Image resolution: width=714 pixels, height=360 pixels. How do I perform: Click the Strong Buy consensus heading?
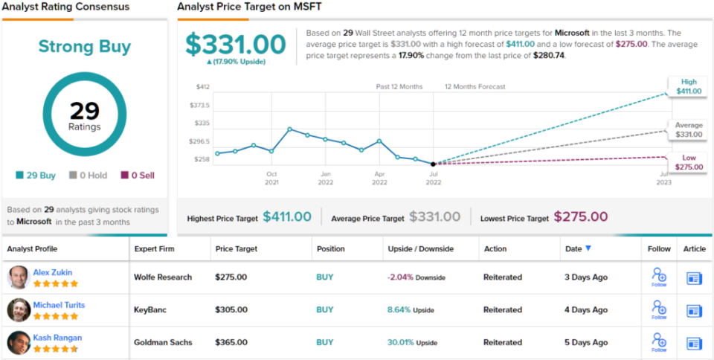click(x=85, y=47)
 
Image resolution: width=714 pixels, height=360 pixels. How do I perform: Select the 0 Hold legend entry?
click(x=88, y=176)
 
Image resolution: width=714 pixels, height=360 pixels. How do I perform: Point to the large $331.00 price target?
click(x=236, y=44)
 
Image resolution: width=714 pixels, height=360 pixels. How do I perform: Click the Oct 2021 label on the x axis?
click(x=271, y=178)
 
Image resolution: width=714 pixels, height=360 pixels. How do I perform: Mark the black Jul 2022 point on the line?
click(x=433, y=164)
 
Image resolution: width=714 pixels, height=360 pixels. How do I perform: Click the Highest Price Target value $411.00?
click(x=287, y=217)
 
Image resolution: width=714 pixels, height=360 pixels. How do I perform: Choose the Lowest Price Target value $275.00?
click(x=580, y=217)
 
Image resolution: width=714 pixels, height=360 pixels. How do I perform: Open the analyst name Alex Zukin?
click(x=53, y=272)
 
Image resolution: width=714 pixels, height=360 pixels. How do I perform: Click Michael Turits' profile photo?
click(x=19, y=309)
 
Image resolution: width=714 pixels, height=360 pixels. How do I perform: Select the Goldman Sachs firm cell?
click(x=163, y=342)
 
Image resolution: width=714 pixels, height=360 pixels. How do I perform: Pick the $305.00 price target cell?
click(x=231, y=309)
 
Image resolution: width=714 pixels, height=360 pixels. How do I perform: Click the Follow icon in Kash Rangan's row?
click(x=658, y=342)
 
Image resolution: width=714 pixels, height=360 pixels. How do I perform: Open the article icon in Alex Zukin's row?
click(x=694, y=277)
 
